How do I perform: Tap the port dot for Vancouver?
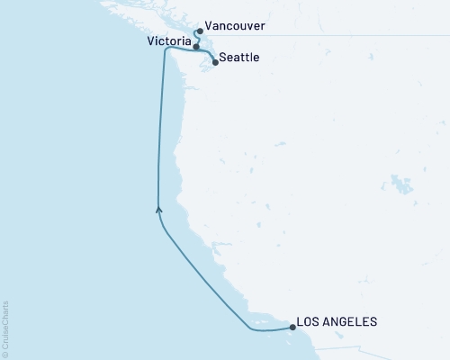199,31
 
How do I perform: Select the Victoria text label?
167,41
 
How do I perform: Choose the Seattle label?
240,58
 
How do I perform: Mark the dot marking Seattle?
214,62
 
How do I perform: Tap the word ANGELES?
352,321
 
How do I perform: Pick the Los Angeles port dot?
292,327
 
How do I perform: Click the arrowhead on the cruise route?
159,211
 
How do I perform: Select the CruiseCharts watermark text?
5,324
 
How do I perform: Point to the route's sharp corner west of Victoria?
165,50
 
